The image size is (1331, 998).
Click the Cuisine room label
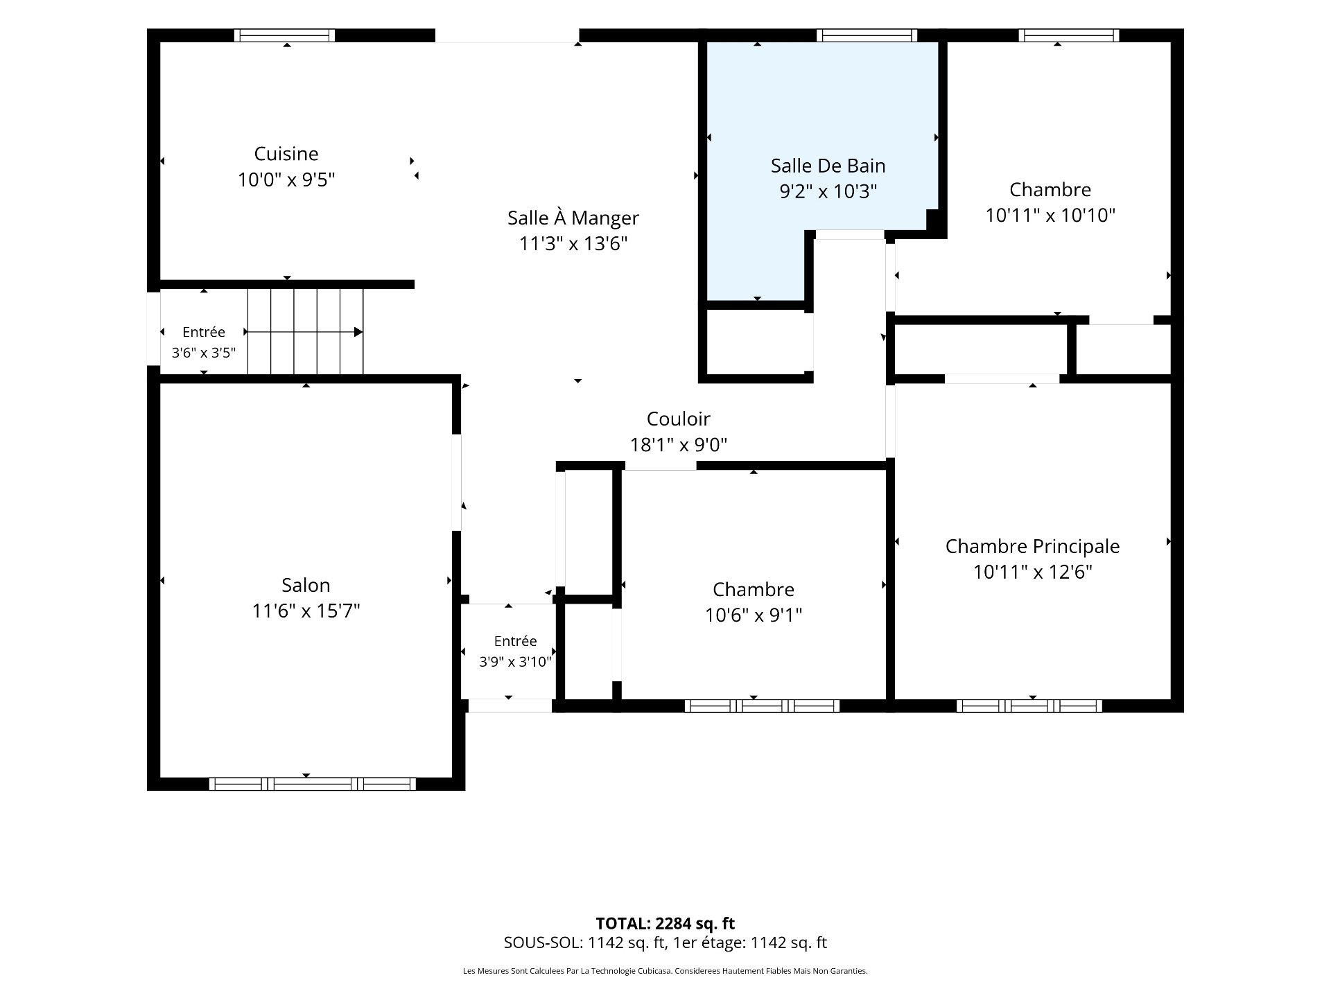(x=286, y=154)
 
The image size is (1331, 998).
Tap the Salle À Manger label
(x=573, y=218)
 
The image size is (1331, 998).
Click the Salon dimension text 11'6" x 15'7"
(x=306, y=611)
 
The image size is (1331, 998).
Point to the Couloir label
(x=679, y=419)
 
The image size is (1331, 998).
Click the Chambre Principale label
(x=1032, y=546)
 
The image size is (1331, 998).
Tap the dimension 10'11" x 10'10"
(x=1050, y=216)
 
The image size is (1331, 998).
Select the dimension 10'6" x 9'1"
(x=754, y=615)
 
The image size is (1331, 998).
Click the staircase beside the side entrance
(x=305, y=331)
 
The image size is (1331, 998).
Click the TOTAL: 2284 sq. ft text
(x=665, y=923)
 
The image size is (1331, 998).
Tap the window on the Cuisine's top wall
(x=284, y=35)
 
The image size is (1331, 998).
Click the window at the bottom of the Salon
(x=312, y=784)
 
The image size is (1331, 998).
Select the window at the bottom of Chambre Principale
(x=1029, y=706)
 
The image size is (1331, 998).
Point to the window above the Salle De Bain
(x=867, y=35)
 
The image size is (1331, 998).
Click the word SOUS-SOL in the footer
(x=543, y=943)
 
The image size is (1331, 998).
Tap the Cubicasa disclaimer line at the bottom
(x=665, y=971)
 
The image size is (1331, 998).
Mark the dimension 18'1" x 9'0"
(x=679, y=444)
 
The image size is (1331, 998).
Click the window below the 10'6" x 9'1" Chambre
(x=763, y=706)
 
